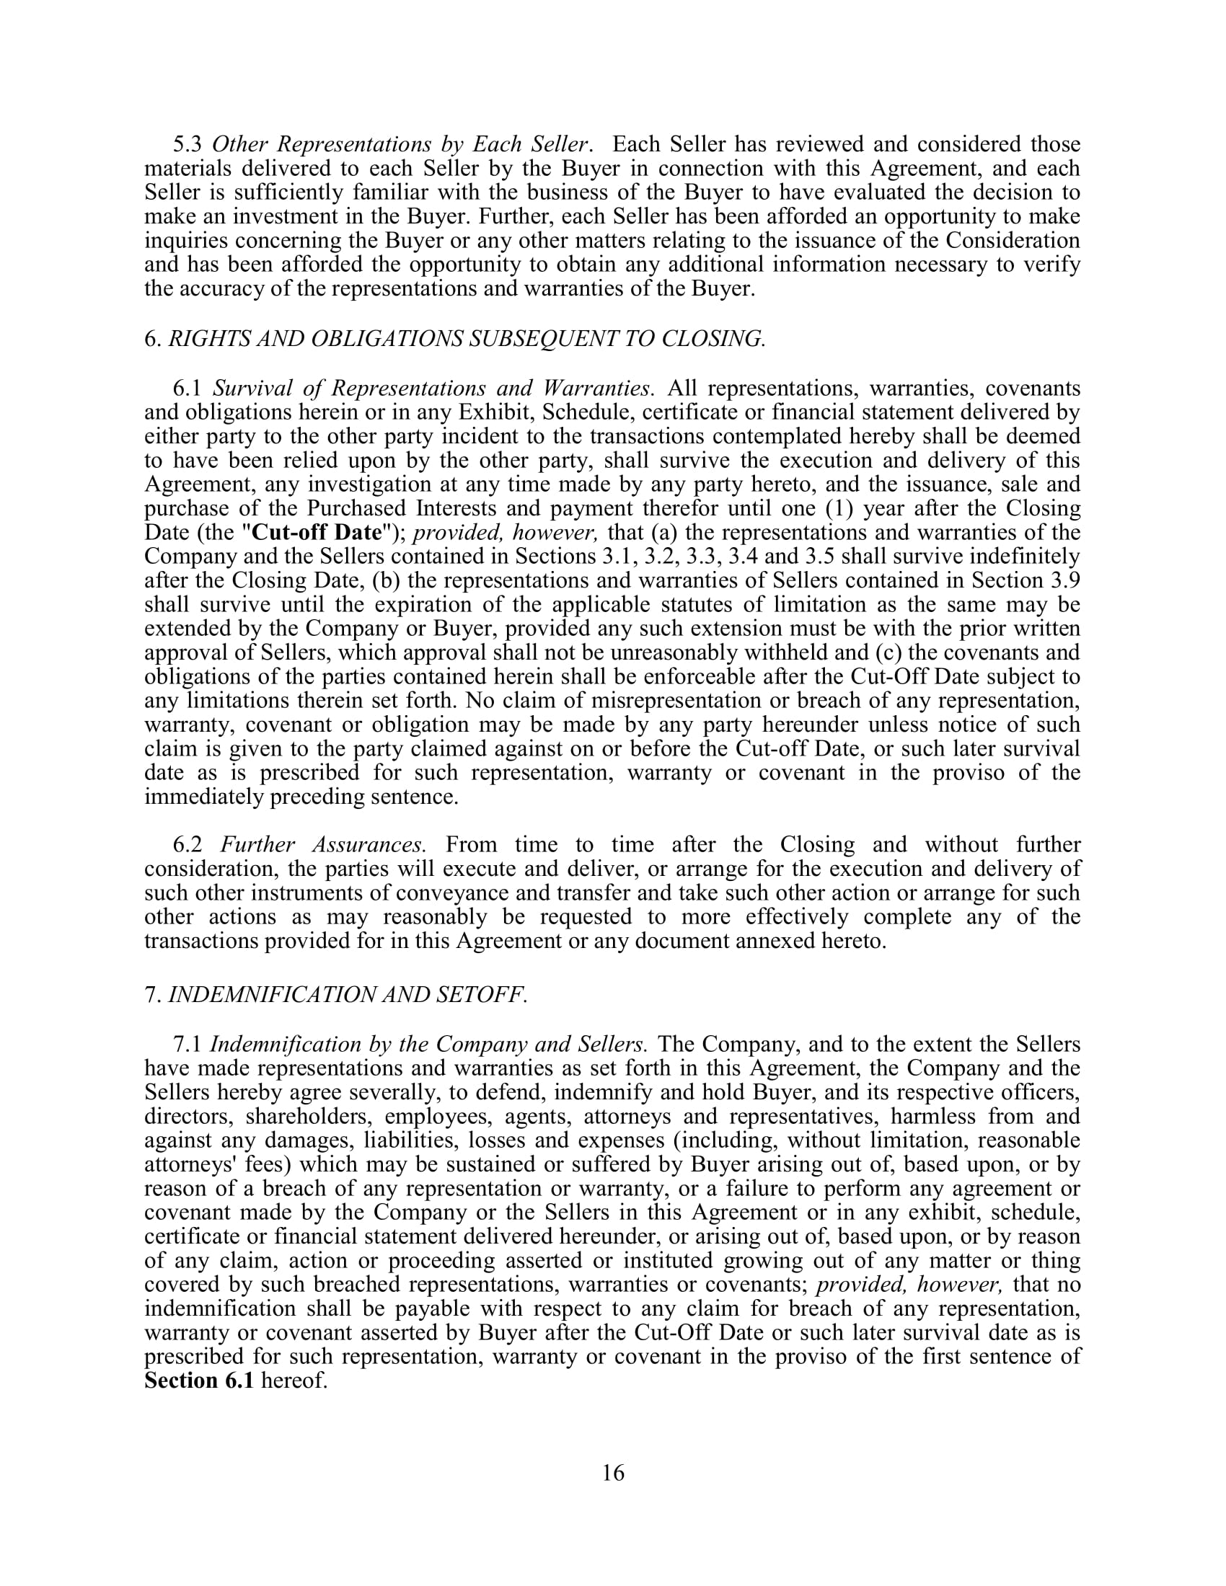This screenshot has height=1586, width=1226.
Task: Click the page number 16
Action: coord(613,1473)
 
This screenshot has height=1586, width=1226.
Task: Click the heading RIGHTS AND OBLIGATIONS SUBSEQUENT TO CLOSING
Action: coord(467,338)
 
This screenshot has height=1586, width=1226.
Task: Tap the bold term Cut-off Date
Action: coord(316,532)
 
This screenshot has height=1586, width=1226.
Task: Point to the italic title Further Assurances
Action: coord(322,845)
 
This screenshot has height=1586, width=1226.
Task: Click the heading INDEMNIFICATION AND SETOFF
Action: coord(348,994)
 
